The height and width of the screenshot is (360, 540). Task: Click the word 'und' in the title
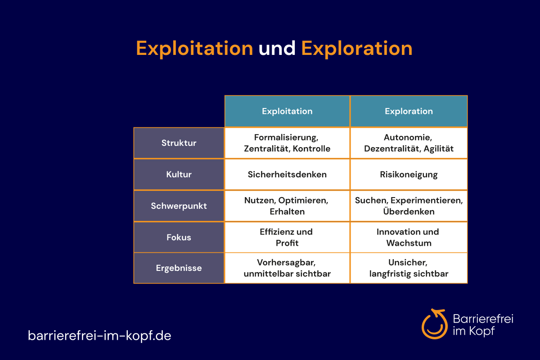click(277, 48)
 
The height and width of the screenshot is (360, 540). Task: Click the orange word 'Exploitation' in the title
click(194, 49)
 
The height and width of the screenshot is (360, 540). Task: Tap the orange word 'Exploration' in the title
click(357, 49)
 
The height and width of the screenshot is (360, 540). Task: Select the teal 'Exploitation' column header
click(287, 111)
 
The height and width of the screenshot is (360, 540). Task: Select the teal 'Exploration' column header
click(409, 111)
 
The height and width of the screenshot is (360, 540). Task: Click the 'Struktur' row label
click(179, 143)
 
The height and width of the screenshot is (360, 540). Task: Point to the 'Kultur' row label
click(179, 174)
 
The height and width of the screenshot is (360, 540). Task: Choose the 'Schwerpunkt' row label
click(179, 206)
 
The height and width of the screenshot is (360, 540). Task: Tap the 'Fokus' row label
click(179, 237)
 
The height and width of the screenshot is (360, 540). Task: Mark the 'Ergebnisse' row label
click(179, 268)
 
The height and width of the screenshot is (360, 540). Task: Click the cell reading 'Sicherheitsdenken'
click(287, 174)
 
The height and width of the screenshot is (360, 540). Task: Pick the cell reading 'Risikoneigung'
click(409, 174)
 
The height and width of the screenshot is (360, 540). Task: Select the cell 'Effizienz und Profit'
click(287, 237)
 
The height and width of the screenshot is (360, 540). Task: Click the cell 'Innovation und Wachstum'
click(409, 237)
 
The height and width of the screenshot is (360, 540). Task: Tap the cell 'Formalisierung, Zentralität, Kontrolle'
click(287, 143)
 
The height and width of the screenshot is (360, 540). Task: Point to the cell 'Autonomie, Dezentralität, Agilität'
click(409, 143)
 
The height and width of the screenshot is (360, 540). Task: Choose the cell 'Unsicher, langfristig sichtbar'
click(409, 268)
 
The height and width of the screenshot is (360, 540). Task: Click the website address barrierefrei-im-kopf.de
click(99, 336)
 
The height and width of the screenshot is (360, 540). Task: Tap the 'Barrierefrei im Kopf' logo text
click(483, 324)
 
